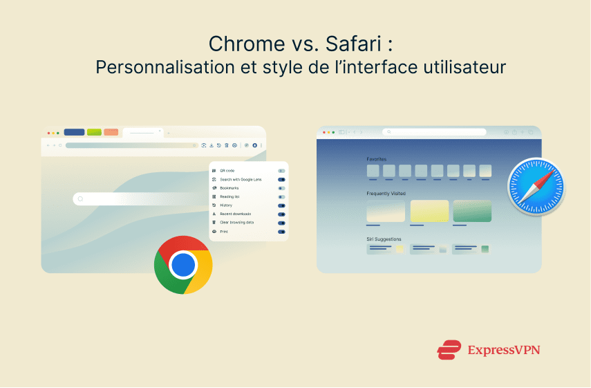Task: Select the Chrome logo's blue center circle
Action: point(183,265)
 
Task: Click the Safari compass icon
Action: point(536,187)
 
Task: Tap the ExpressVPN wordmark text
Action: point(503,350)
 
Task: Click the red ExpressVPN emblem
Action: point(449,350)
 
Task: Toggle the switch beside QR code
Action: point(281,170)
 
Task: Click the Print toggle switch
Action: point(281,232)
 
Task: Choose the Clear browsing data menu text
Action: point(237,223)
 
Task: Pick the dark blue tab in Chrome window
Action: point(74,132)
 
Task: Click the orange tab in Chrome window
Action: point(111,132)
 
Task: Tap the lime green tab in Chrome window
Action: point(93,132)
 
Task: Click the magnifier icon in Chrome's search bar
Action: point(80,199)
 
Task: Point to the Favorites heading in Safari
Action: point(377,158)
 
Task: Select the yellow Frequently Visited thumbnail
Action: point(429,211)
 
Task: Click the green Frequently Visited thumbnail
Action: point(472,211)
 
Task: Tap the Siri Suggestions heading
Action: point(384,239)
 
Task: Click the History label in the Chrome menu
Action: point(226,205)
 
